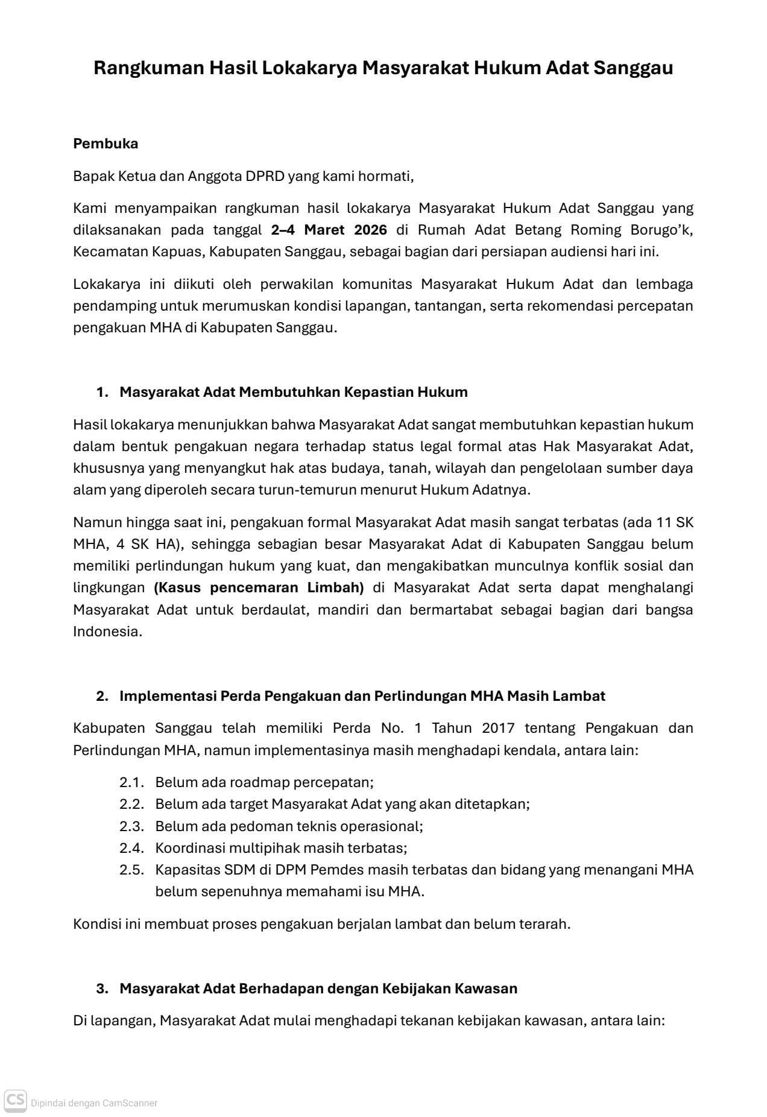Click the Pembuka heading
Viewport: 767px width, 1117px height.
(106, 144)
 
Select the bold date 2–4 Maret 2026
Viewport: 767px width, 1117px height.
(329, 230)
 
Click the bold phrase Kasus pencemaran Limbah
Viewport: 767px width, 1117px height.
(259, 587)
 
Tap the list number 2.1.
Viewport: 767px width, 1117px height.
(131, 782)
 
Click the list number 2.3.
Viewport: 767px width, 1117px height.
(131, 826)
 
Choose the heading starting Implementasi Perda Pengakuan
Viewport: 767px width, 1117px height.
(362, 696)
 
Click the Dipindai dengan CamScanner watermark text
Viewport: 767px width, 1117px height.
(94, 1103)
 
